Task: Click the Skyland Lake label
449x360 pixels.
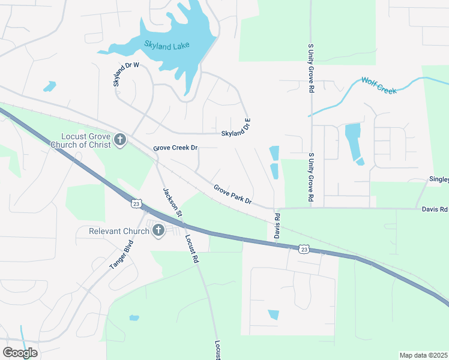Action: click(166, 46)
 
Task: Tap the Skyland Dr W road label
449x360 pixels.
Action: click(125, 74)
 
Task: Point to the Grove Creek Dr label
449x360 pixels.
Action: click(175, 148)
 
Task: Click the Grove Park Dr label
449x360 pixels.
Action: click(232, 193)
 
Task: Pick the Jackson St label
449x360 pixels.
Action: click(172, 202)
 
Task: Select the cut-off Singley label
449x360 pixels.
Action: click(438, 179)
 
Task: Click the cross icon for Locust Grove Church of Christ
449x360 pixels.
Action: click(120, 140)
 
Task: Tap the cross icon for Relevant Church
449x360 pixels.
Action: click(158, 230)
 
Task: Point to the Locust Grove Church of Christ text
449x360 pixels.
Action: click(85, 140)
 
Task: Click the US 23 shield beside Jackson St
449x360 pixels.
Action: click(137, 204)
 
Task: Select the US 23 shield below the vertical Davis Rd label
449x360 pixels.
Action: click(304, 248)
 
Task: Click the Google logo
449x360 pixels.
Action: click(20, 353)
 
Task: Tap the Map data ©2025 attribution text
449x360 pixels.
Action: click(423, 355)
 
